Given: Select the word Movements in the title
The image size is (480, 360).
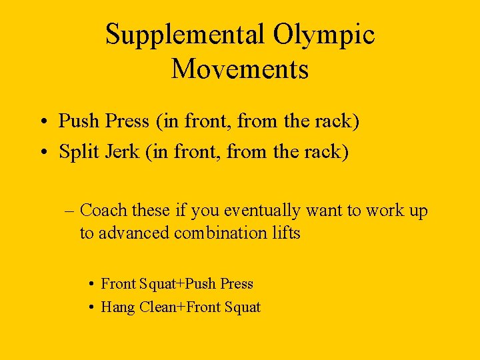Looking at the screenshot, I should (240, 69).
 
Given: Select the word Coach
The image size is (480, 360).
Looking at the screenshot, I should (103, 211).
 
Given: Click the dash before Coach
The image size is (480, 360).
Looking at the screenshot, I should (71, 211).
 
